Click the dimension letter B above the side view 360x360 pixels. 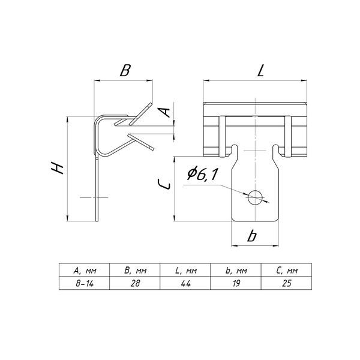tap(125, 70)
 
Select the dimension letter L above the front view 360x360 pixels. tap(261, 70)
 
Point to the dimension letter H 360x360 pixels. tap(58, 167)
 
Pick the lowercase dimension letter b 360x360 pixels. tap(252, 236)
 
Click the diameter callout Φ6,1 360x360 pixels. tap(202, 174)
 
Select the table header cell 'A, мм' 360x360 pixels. tap(85, 271)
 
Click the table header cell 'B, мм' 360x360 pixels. tap(135, 271)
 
